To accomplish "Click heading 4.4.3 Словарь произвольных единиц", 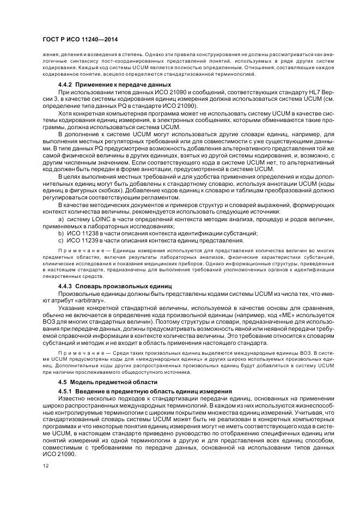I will point(114,286).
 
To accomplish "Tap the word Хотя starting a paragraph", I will point(65,113).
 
